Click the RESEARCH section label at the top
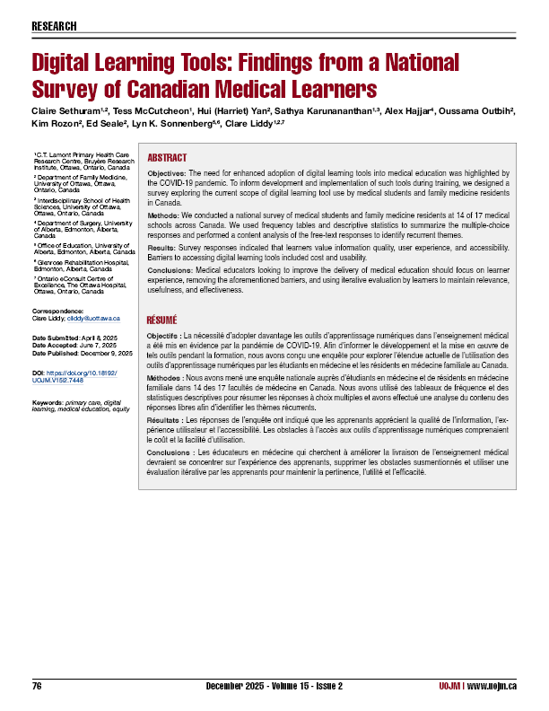pos(54,26)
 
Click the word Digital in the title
pos(66,64)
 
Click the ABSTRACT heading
pos(167,155)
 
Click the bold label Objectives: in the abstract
pos(166,172)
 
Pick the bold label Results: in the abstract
pos(161,245)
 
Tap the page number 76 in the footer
pos(38,685)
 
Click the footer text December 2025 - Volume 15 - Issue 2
pos(274,685)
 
